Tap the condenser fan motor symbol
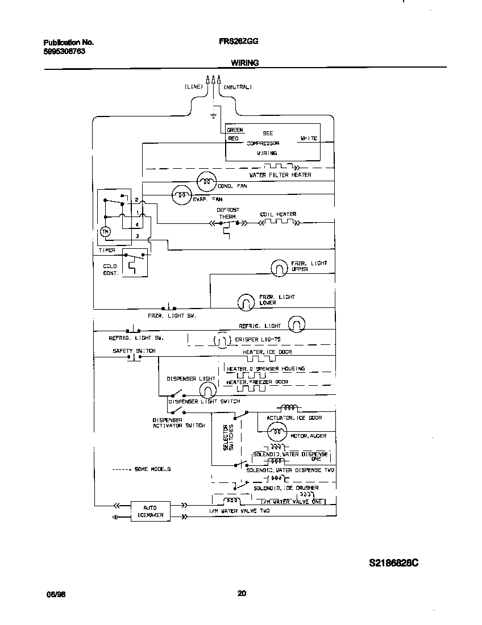[206, 182]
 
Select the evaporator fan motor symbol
[181, 195]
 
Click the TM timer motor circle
[105, 232]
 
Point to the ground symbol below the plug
[214, 115]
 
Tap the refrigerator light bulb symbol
[297, 325]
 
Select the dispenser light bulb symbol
[207, 389]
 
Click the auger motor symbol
[276, 433]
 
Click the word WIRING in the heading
[244, 63]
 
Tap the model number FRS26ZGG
[239, 42]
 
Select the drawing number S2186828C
[393, 563]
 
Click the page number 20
[242, 594]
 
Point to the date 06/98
[52, 594]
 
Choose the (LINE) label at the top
[193, 88]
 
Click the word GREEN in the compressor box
[235, 130]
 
